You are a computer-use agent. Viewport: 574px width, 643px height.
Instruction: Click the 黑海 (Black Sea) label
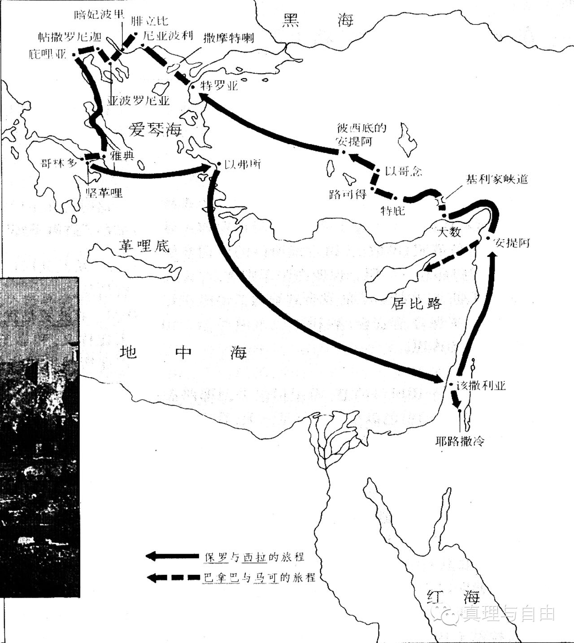tap(317, 20)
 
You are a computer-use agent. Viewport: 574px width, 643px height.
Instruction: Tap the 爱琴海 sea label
tap(155, 129)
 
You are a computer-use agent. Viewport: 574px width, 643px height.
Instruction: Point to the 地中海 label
tap(183, 352)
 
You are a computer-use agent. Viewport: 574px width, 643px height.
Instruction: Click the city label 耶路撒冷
tap(460, 441)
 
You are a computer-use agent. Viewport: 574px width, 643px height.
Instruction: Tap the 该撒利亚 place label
tap(481, 385)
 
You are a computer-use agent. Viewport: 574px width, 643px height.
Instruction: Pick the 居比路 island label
tap(417, 304)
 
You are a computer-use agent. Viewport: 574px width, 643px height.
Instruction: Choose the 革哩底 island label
tap(143, 245)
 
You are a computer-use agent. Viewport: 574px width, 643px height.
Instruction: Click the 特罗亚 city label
tap(219, 85)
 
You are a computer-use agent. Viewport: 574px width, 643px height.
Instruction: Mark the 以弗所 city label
tap(243, 164)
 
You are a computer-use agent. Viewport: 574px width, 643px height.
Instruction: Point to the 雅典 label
tap(122, 156)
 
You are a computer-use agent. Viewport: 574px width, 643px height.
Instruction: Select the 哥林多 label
tap(59, 163)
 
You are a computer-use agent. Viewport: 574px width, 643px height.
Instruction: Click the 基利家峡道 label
tap(497, 179)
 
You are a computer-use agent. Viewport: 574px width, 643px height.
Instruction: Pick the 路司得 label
tap(348, 194)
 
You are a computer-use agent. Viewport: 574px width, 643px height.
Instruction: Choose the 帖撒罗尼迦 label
tap(70, 36)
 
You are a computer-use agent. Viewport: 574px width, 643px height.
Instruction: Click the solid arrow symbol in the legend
tap(173, 556)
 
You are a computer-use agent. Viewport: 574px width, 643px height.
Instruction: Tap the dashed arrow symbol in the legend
tap(173, 577)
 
